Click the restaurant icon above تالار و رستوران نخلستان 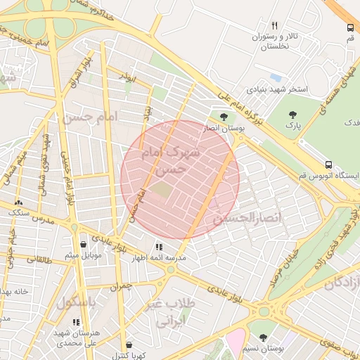click(275, 25)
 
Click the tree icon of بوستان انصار click(224, 117)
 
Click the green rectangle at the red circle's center click(162, 190)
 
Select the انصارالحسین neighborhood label click(246, 219)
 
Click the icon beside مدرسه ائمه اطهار click(159, 247)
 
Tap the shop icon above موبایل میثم click(84, 244)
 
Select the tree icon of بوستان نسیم click(263, 337)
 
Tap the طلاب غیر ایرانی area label click(169, 314)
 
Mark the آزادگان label click(342, 282)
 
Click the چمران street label click(120, 287)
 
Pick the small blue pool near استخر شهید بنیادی click(276, 77)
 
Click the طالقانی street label click(39, 259)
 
